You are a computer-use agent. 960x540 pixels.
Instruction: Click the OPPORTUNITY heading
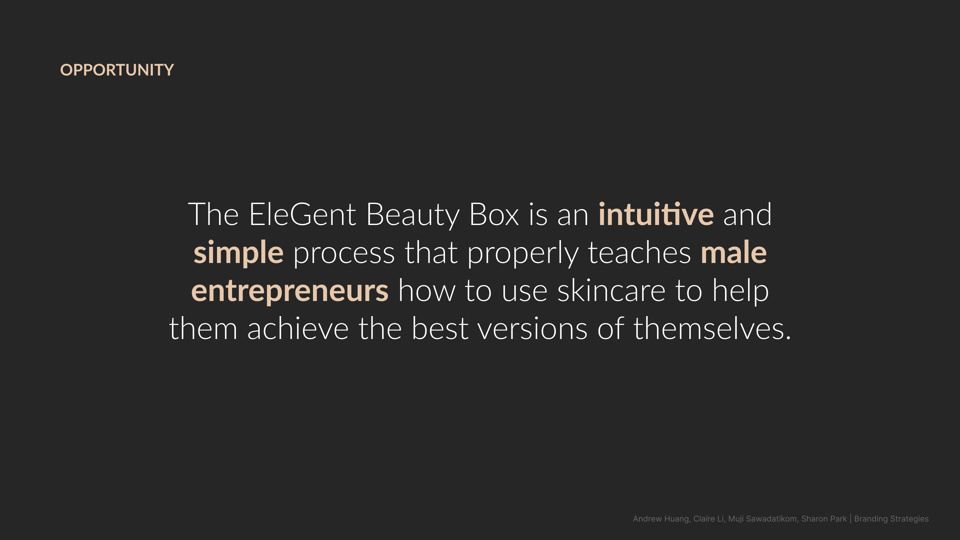[x=117, y=70]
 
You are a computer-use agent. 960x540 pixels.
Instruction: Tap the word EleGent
[x=303, y=215]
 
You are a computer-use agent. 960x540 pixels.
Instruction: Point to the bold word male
[x=734, y=252]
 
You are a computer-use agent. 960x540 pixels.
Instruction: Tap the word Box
[x=494, y=215]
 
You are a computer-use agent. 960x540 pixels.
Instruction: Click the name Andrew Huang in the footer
[x=661, y=519]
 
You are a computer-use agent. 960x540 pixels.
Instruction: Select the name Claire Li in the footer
[x=708, y=519]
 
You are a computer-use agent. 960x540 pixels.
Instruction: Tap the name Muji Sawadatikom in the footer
[x=762, y=519]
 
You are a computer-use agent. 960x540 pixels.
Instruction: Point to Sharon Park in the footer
[x=824, y=519]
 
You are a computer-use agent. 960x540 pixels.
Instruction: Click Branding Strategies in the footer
[x=891, y=519]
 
